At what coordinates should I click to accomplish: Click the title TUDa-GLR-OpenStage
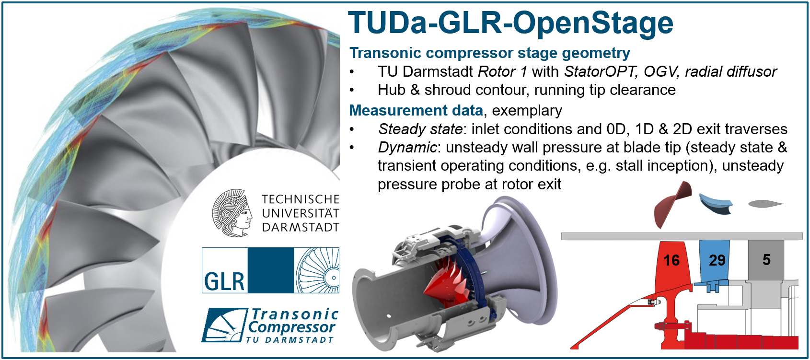510,23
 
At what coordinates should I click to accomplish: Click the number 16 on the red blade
671,260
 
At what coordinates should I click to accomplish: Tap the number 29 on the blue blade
717,260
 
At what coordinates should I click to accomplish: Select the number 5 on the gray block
766,259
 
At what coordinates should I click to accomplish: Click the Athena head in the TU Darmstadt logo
232,213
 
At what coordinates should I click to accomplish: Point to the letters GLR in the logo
224,281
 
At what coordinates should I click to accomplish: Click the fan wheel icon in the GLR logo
317,270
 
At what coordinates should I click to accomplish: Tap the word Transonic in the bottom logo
294,314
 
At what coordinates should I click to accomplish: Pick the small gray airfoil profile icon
765,204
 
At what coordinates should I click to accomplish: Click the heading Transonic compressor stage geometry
490,53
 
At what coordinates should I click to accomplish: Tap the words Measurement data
416,110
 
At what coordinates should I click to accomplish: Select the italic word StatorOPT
601,71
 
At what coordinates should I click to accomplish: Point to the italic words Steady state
420,129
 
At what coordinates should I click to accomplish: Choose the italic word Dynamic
408,148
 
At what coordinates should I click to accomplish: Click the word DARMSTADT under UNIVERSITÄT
301,228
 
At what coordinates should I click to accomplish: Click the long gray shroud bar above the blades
682,236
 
